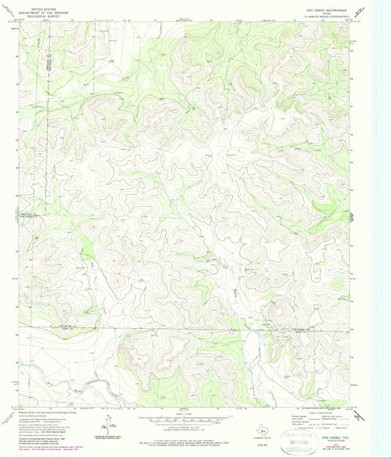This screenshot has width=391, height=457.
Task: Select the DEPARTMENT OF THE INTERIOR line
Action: coord(37,9)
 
